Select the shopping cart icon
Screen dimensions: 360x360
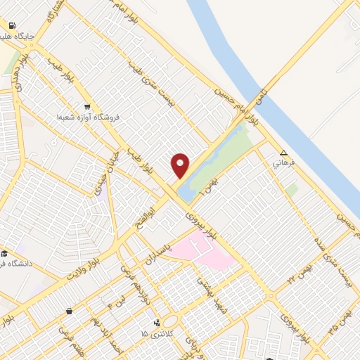coord(86,107)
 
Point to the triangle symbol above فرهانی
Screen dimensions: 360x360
coord(283,153)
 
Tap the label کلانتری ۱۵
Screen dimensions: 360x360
coord(155,332)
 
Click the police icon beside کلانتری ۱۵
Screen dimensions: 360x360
coord(157,321)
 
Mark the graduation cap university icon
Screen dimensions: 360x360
coord(4,253)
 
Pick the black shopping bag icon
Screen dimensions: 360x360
coord(69,311)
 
